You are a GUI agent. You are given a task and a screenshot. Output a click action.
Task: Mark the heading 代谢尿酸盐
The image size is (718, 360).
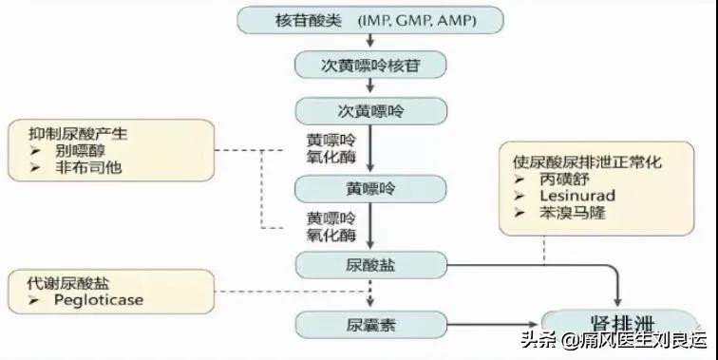(58, 283)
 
